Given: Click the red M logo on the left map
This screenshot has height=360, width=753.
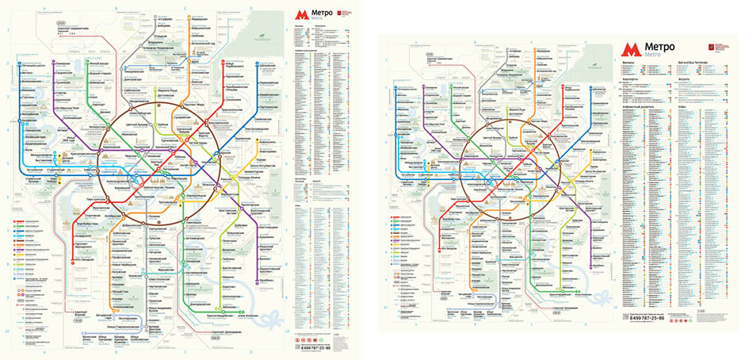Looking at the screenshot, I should point(300,14).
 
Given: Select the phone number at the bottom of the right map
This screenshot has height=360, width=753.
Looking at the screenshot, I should point(655,318).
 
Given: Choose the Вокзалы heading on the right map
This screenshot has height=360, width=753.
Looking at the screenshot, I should point(626,67).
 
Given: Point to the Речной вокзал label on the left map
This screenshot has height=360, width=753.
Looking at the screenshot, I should point(99,62).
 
